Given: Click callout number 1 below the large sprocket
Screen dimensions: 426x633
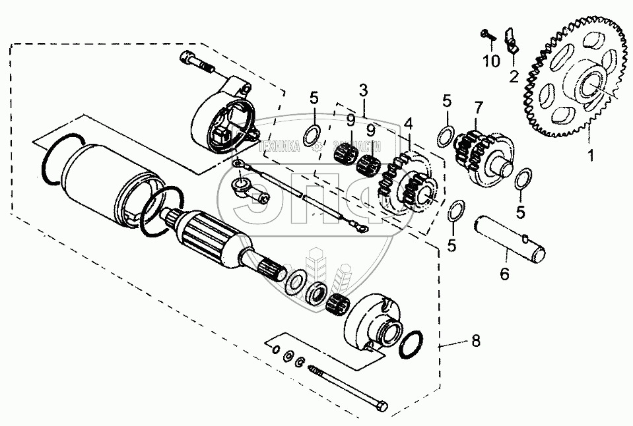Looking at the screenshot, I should [591, 156].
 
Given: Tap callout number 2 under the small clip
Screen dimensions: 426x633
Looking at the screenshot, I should [513, 76].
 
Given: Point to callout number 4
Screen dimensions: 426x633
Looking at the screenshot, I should [409, 123].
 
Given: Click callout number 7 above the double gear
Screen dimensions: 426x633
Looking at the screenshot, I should [479, 106].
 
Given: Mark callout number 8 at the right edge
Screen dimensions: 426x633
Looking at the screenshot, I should [475, 341].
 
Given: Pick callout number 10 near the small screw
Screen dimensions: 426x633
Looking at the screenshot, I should [490, 63].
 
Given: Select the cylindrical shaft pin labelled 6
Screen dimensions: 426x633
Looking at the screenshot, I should [512, 241].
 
